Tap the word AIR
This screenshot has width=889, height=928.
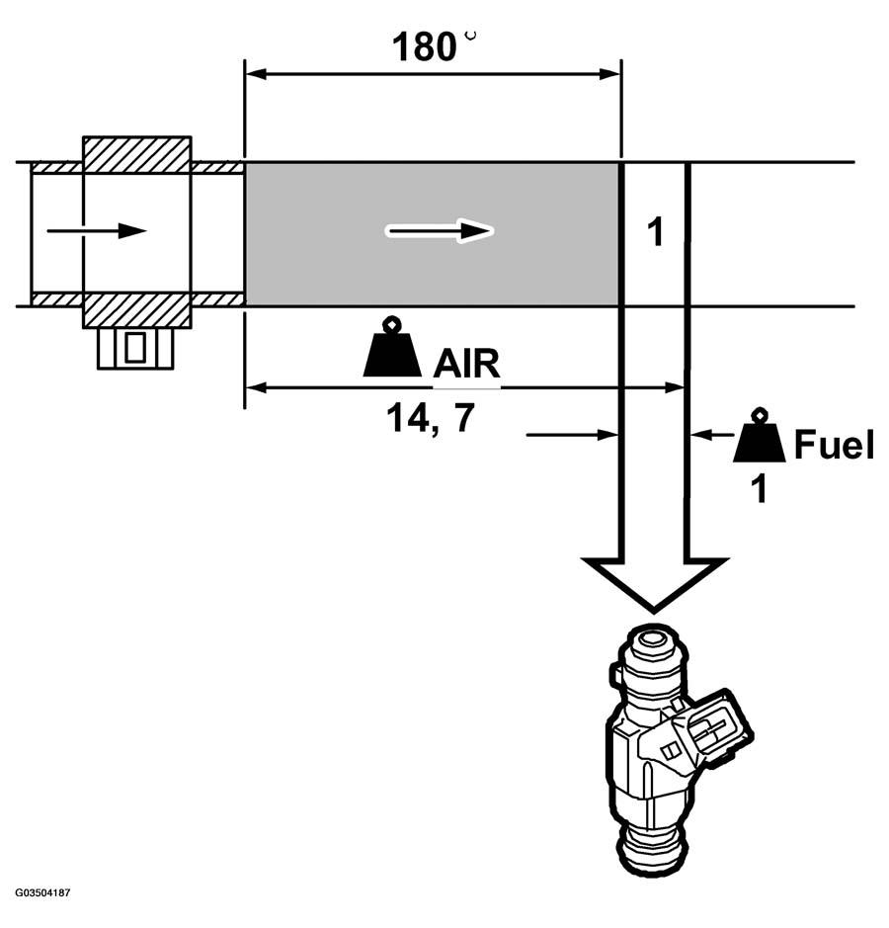pos(466,364)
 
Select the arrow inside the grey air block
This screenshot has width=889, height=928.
pos(439,231)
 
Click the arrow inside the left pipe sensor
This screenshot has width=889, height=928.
pos(96,231)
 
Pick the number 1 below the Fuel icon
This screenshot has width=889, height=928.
pos(759,488)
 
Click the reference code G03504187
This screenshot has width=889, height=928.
pos(42,892)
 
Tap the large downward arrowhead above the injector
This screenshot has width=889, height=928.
pos(652,582)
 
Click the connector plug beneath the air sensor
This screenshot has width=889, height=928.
pos(135,347)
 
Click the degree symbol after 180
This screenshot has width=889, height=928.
pos(470,35)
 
